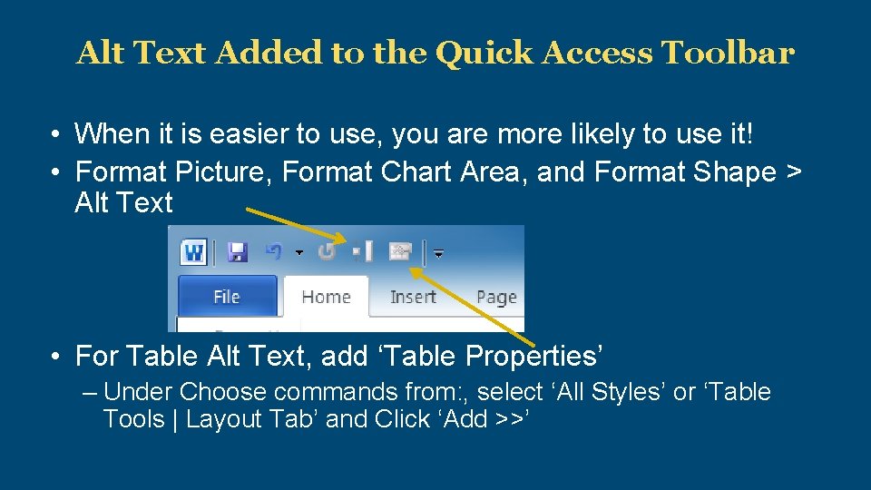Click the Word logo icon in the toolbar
click(x=193, y=251)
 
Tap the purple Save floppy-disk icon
click(x=238, y=251)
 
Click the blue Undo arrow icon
click(x=274, y=251)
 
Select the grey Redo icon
click(x=327, y=251)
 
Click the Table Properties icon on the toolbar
click(x=400, y=251)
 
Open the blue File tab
click(x=226, y=297)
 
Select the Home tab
click(x=326, y=297)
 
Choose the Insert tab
click(x=413, y=297)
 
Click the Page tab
click(x=495, y=297)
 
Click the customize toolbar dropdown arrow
click(x=439, y=254)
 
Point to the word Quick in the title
click(x=485, y=54)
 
